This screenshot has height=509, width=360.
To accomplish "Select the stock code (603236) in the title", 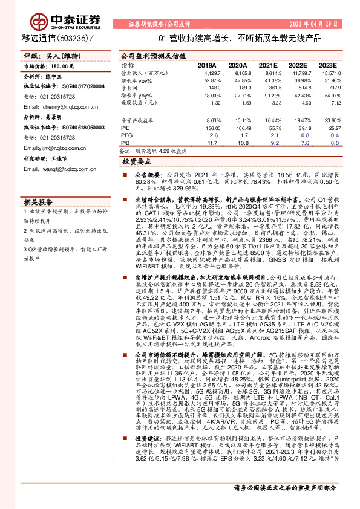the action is [76, 38].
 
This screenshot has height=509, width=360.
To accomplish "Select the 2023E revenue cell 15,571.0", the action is [327, 72].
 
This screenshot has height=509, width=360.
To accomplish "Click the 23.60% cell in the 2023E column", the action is [327, 120].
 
